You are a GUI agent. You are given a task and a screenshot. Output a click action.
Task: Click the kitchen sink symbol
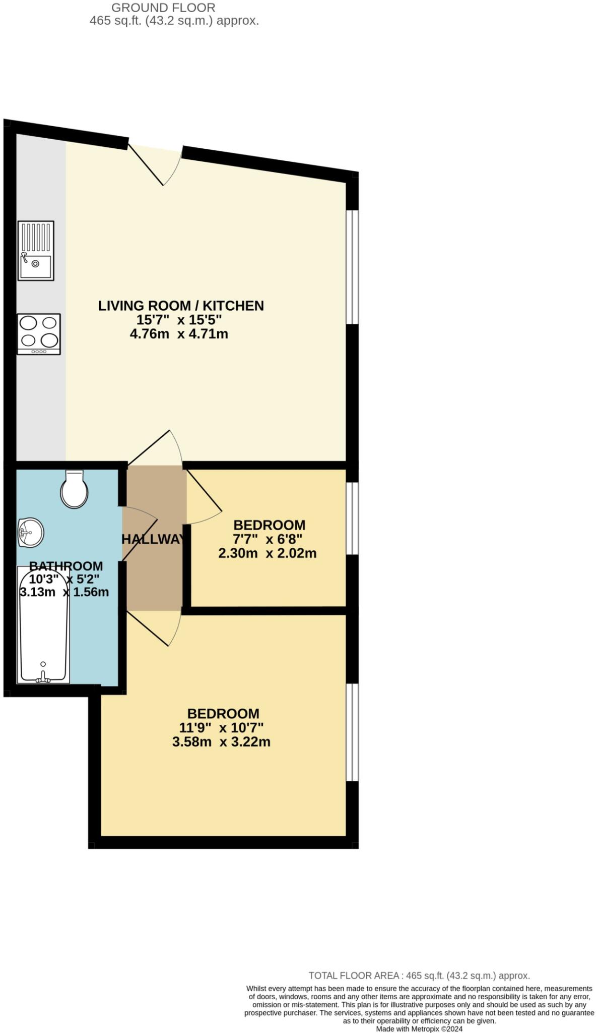[36, 250]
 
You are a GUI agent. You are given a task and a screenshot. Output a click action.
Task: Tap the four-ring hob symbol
[38, 334]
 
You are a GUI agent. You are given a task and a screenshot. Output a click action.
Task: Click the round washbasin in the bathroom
[30, 533]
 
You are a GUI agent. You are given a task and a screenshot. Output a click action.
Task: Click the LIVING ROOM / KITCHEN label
[180, 306]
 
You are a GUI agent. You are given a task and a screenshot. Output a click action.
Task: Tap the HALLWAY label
[153, 539]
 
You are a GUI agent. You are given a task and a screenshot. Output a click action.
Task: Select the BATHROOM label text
[65, 566]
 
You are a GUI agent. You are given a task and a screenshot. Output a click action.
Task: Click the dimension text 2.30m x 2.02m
[267, 553]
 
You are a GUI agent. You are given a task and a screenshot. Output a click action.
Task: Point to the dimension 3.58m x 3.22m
[221, 742]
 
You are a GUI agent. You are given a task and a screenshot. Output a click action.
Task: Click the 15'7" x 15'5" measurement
[179, 320]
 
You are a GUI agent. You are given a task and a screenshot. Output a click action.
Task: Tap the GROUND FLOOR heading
[163, 8]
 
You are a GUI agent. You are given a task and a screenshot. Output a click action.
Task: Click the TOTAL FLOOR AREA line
[419, 975]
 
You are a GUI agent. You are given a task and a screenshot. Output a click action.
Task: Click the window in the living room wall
[352, 266]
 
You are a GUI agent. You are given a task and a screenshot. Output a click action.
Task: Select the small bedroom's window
[352, 518]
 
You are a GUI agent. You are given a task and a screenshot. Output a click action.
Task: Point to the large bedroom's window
[352, 732]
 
